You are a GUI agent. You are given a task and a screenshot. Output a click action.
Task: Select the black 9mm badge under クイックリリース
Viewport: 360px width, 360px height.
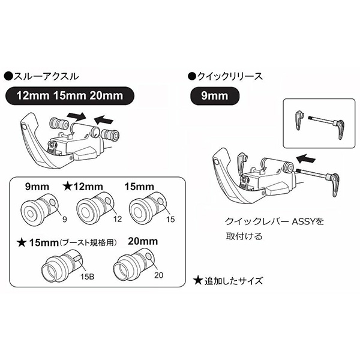point(214,95)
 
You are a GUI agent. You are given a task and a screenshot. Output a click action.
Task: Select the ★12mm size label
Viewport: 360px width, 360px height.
point(85,185)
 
